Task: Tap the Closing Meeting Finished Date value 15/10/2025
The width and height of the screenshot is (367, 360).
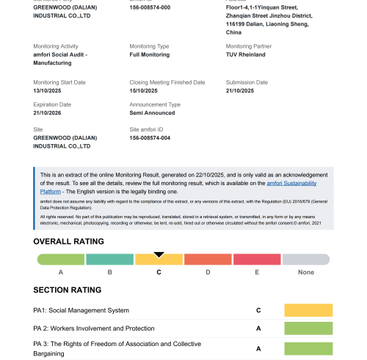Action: coord(145,90)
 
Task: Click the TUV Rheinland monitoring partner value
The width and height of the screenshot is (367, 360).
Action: coord(246,54)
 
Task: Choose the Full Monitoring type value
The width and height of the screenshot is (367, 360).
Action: coord(149,54)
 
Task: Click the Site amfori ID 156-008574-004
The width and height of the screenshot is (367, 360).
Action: coord(150,137)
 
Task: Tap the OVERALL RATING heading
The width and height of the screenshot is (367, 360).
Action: coord(69,241)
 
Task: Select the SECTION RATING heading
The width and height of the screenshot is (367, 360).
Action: coord(68,289)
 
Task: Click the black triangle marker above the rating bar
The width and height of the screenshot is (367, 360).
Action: coord(159,254)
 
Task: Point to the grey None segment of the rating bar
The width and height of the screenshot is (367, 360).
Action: coord(306,259)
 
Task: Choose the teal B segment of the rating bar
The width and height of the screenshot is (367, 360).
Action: coord(110,259)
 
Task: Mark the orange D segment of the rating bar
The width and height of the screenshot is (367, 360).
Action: coord(208,259)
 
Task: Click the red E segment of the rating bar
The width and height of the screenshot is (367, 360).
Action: coord(257,259)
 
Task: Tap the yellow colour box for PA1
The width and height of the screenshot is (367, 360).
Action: coord(308,310)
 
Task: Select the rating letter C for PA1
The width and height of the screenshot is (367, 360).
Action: coord(258,310)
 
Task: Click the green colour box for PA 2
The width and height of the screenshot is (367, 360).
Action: coord(308,328)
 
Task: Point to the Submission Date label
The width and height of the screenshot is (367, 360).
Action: coord(247,82)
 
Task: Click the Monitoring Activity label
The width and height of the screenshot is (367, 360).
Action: coord(56,46)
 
